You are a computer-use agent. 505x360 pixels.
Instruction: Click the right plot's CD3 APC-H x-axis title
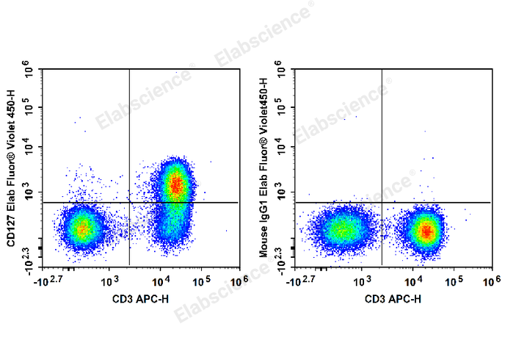pos(393,299)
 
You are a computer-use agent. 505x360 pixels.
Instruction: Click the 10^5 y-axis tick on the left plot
pos(29,109)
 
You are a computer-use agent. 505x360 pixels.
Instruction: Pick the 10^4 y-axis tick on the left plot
pos(29,149)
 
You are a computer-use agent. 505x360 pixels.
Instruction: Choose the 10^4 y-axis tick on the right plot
pos(281,149)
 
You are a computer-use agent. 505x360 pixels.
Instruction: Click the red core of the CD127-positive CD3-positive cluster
pos(175,185)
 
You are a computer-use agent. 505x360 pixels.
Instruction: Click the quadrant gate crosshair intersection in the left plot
pos(129,202)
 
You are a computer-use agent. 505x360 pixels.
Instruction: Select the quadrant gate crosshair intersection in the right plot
pos(382,202)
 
